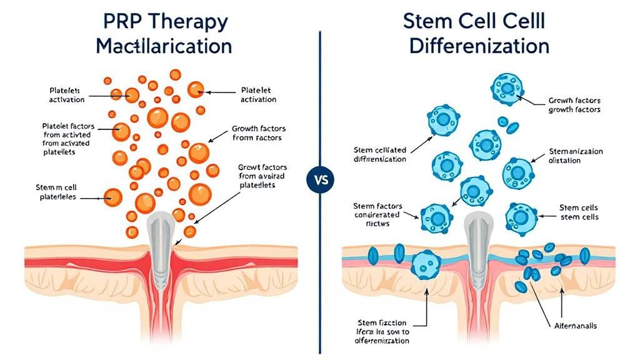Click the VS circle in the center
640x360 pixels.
click(320, 181)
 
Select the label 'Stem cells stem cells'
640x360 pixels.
click(577, 212)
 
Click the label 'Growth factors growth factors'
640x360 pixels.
click(574, 104)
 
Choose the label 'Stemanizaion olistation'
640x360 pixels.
click(576, 156)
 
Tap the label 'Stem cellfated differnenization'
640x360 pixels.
click(379, 154)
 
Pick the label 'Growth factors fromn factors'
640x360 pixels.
click(257, 132)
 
